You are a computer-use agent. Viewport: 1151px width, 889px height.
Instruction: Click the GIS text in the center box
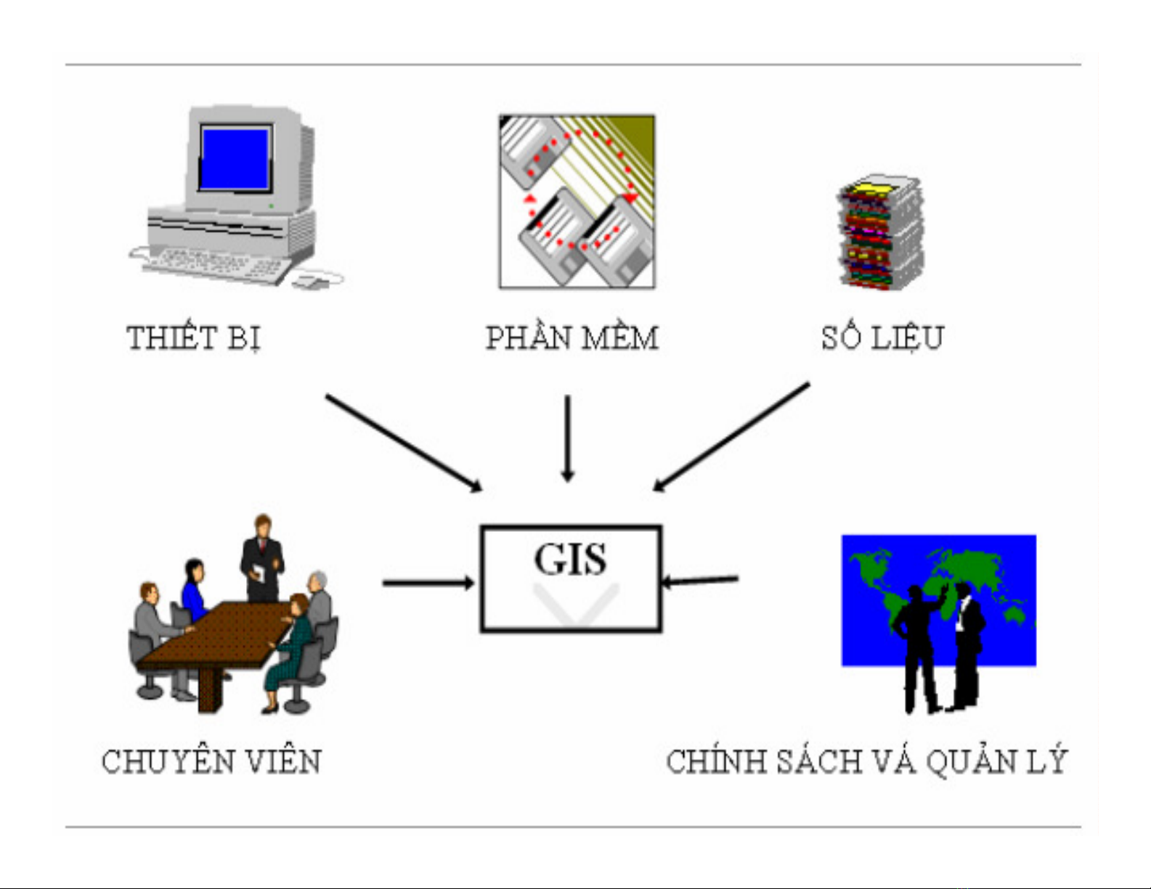coord(570,560)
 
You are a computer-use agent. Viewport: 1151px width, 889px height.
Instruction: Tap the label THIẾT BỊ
coord(193,338)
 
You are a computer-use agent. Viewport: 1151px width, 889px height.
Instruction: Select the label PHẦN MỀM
coord(572,338)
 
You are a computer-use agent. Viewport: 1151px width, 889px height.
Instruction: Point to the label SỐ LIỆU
coord(882,338)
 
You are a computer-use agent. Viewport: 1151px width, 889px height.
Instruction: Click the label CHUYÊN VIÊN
coord(211,762)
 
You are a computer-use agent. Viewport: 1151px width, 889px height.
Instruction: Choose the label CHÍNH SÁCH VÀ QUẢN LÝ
coord(866,762)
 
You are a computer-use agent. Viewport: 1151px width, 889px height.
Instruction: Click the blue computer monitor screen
coord(235,158)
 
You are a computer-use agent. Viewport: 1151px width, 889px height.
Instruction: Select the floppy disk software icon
coord(577,201)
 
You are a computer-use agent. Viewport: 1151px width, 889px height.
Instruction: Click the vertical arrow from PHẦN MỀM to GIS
coord(568,438)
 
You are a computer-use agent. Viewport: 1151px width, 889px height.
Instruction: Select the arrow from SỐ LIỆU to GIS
coord(731,437)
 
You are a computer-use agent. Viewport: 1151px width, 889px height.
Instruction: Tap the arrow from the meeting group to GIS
coord(428,582)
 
